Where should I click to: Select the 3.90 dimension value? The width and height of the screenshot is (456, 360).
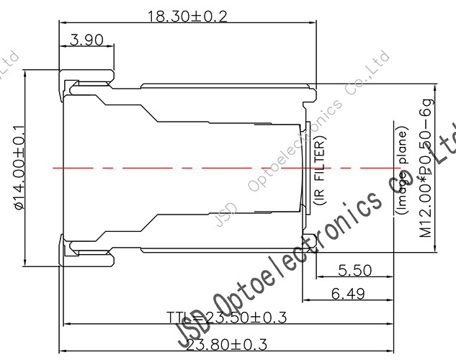[x=87, y=40]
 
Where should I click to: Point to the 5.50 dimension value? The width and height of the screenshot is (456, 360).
[x=354, y=270]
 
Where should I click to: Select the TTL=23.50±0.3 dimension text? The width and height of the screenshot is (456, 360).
[x=206, y=318]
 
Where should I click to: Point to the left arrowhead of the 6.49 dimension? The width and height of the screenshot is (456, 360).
[x=304, y=300]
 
